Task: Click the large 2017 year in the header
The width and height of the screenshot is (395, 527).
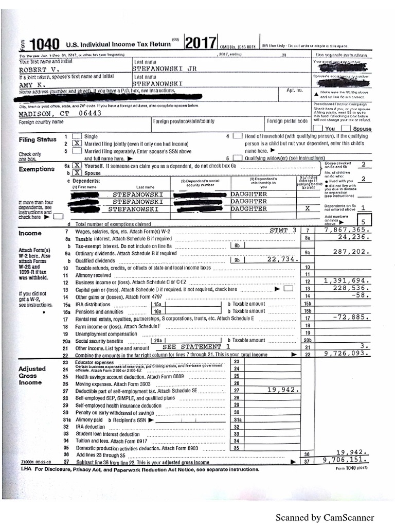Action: (199, 43)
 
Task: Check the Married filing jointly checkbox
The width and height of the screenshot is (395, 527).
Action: (77, 144)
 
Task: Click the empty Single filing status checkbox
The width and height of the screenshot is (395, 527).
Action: (77, 136)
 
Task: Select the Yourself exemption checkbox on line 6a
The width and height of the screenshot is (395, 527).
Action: (77, 166)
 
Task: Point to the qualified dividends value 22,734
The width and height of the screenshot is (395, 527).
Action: (283, 259)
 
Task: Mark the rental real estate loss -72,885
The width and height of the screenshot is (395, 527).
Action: (352, 318)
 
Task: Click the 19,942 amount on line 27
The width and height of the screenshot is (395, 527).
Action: (283, 390)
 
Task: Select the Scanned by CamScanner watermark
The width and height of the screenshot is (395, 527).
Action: (325, 517)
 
